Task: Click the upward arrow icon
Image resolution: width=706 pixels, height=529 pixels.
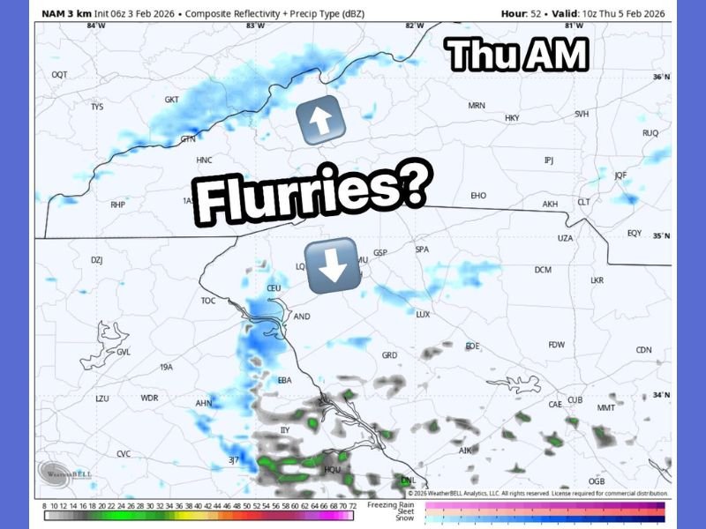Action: tap(320, 121)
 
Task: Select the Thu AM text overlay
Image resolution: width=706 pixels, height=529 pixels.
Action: tap(516, 55)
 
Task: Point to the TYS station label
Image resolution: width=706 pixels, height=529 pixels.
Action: tap(97, 107)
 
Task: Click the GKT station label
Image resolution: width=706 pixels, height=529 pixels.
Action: tap(172, 100)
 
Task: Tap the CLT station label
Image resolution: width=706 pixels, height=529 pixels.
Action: tap(583, 202)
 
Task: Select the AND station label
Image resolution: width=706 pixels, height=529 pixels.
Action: tap(302, 317)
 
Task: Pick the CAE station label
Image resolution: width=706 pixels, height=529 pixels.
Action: tap(555, 405)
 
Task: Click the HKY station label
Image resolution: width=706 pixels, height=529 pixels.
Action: tap(512, 117)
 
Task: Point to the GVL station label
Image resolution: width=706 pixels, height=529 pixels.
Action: tap(123, 352)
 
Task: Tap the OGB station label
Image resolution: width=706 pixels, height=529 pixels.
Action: tap(597, 481)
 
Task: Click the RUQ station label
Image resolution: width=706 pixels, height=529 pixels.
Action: tap(650, 133)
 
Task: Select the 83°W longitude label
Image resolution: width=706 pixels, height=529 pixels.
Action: tap(255, 26)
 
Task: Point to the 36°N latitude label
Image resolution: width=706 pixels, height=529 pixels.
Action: tap(661, 78)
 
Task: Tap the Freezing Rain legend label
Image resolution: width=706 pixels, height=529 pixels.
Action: tap(390, 503)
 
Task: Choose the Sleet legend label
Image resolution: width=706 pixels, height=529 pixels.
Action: tap(403, 510)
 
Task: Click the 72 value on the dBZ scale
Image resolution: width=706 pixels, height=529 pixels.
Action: tap(352, 505)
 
